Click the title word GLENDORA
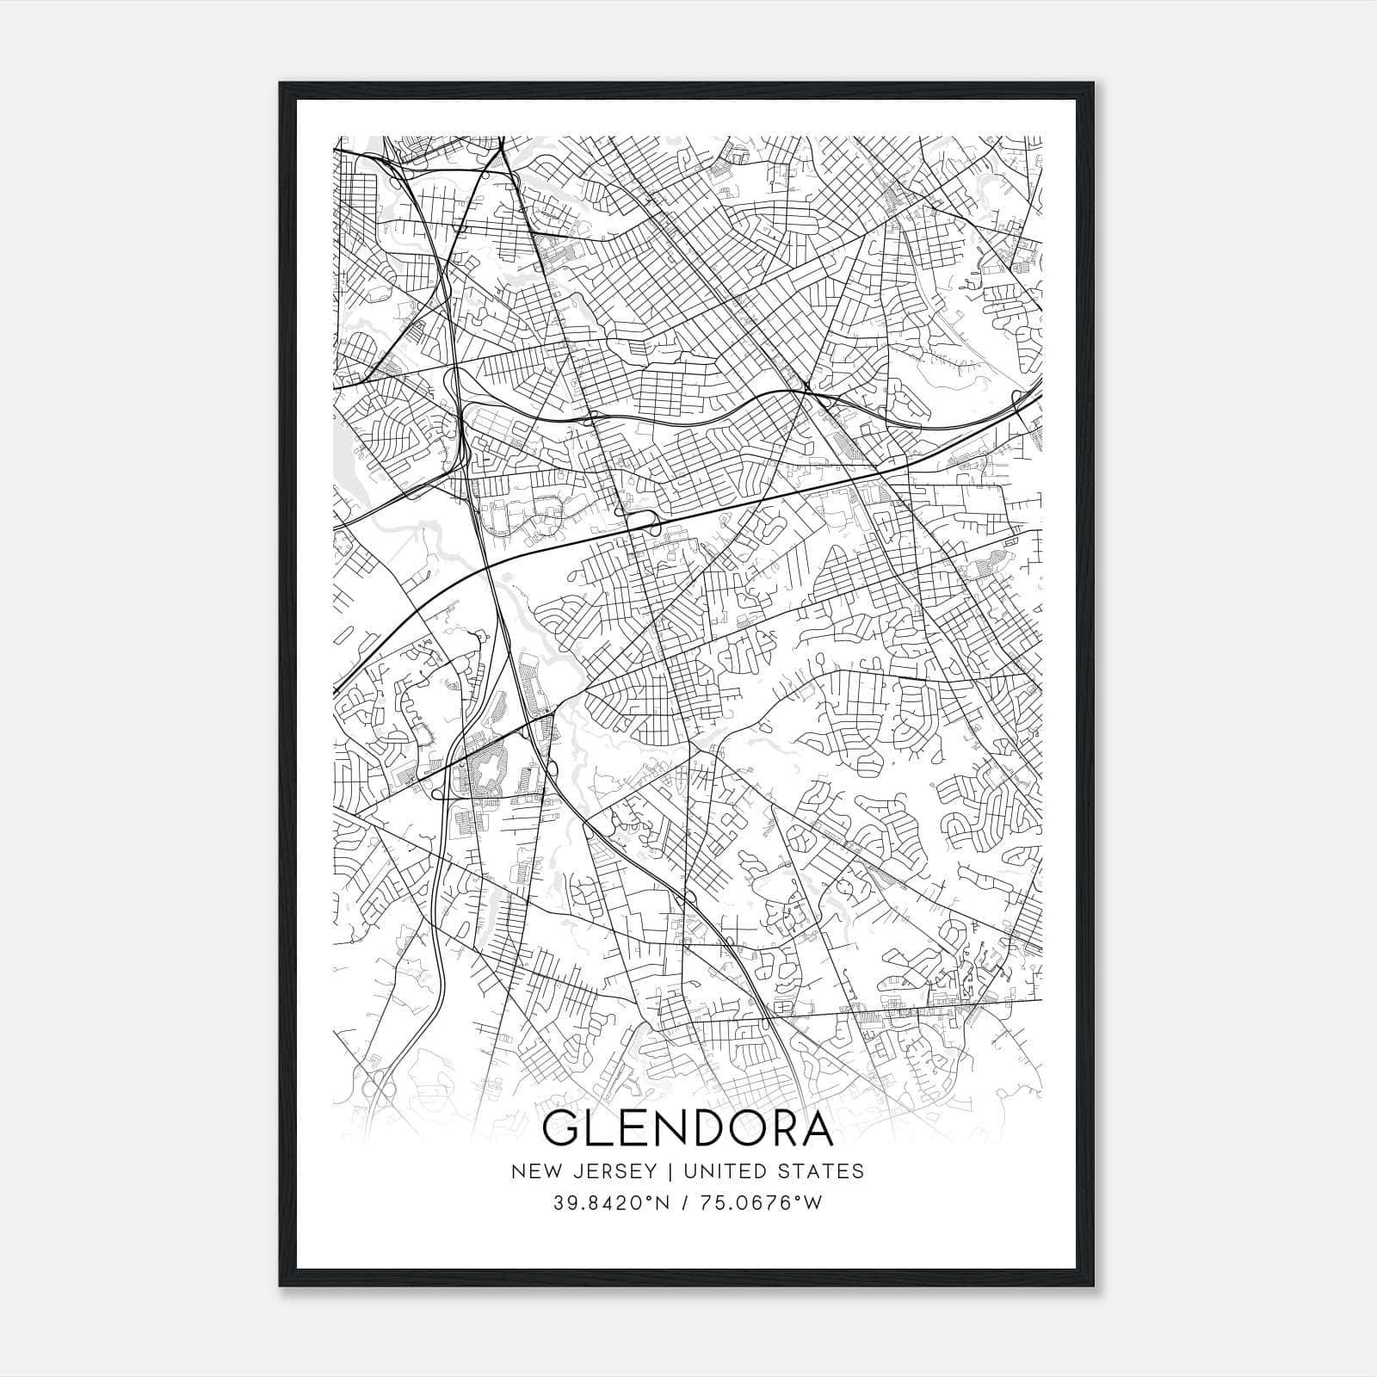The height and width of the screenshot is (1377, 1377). click(688, 1129)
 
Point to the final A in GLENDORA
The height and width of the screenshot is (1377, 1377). click(815, 1129)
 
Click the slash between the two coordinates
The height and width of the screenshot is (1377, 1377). click(683, 1202)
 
